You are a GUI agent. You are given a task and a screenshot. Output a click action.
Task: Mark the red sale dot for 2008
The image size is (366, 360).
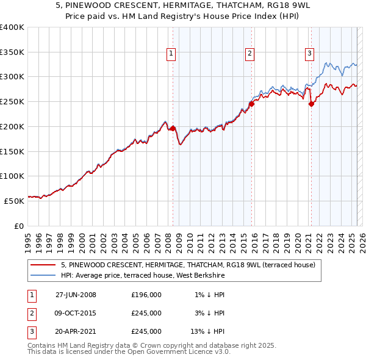tap(173, 128)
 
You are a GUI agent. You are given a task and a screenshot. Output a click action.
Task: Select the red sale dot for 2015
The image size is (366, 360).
tap(251, 104)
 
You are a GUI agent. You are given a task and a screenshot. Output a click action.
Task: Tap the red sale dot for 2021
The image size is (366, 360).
tap(311, 104)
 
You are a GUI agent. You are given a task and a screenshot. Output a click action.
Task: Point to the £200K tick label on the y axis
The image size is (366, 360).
tap(12, 126)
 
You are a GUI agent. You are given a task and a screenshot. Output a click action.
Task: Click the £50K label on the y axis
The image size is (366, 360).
tap(14, 200)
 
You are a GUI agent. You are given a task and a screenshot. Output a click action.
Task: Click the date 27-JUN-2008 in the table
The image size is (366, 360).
tap(76, 295)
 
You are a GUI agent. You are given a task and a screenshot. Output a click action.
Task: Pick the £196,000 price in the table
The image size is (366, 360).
tap(146, 295)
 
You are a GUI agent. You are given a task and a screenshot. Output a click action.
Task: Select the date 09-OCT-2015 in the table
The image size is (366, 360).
tap(76, 313)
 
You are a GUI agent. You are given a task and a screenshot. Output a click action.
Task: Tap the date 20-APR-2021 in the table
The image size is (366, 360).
tap(76, 331)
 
